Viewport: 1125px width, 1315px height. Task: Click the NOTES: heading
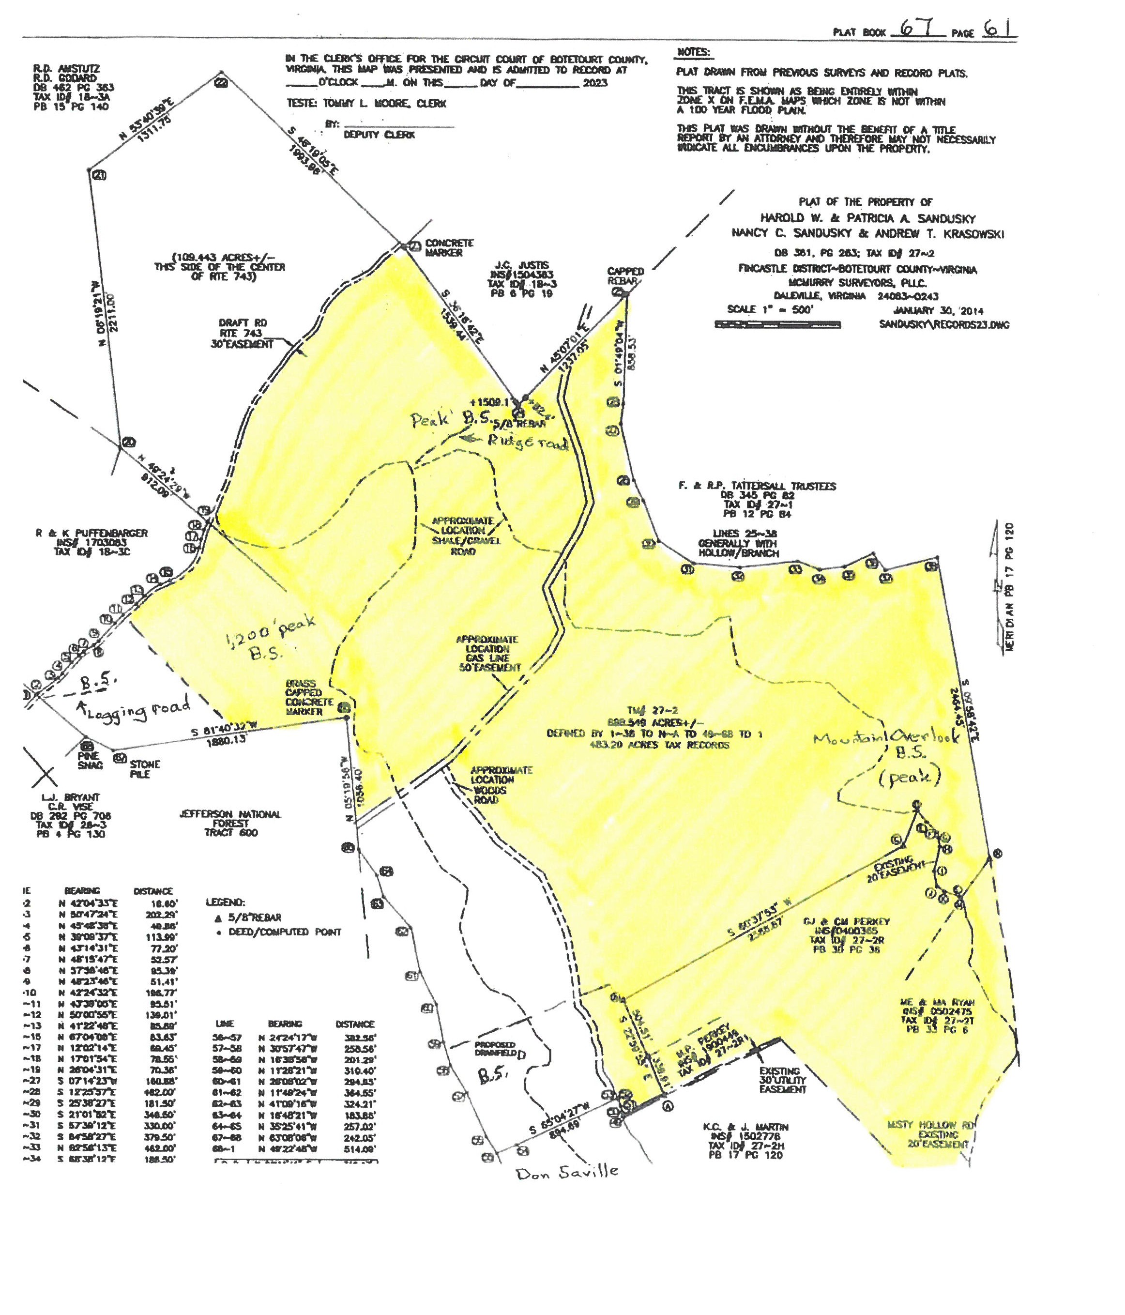coord(694,52)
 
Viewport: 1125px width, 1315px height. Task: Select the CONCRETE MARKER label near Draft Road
coord(449,247)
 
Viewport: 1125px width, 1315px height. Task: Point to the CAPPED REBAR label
coord(625,275)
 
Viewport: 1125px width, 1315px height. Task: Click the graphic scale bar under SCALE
coord(777,325)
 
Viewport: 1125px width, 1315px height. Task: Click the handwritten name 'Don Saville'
coord(567,1172)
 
